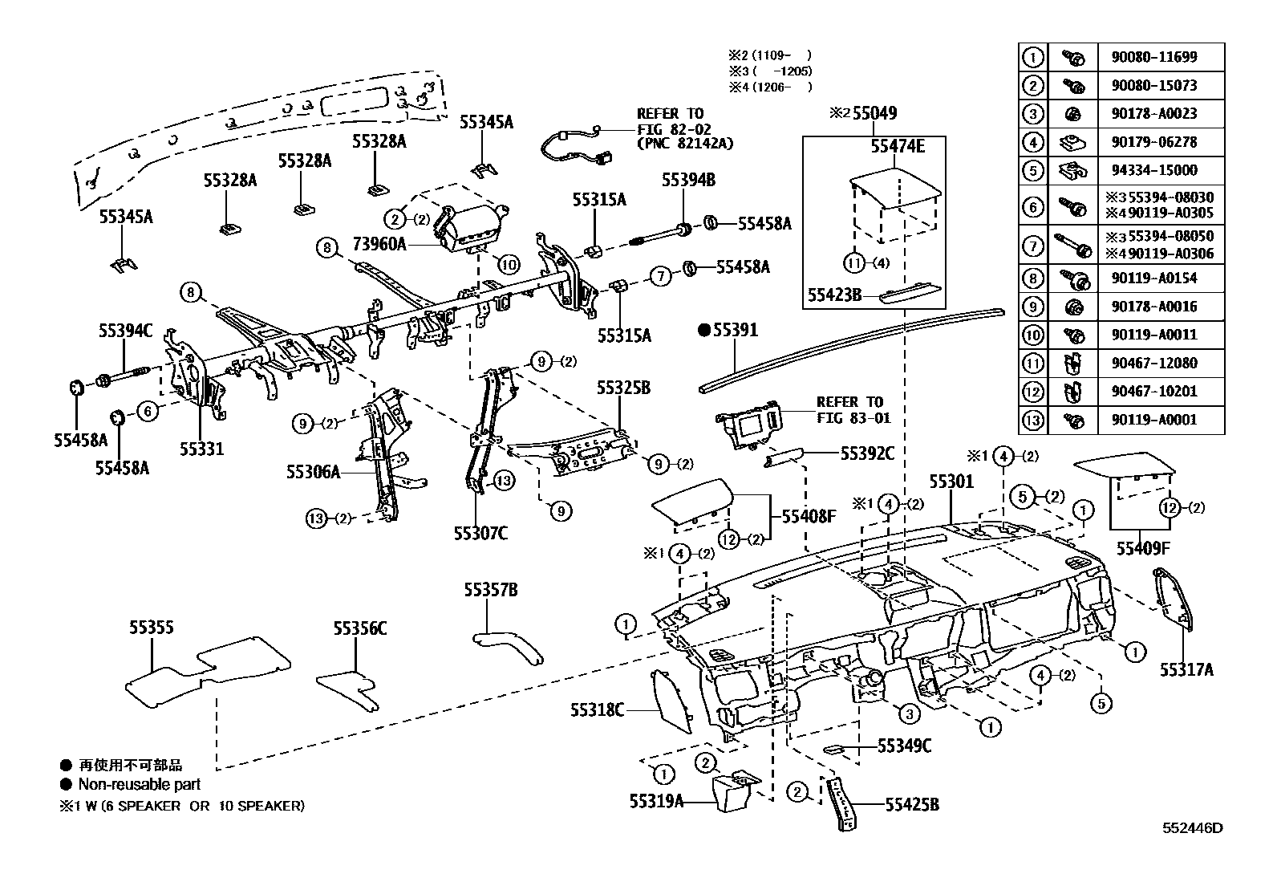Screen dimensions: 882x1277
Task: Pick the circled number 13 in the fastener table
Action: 1033,419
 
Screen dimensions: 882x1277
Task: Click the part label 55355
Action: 152,628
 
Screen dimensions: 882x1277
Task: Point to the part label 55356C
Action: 360,628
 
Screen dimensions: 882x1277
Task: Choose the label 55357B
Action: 490,591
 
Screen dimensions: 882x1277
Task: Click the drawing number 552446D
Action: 1194,827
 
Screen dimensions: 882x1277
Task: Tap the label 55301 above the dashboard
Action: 951,482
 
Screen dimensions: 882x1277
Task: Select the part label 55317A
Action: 1186,669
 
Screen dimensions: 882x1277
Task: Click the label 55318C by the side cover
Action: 597,709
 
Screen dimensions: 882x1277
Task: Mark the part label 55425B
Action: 912,804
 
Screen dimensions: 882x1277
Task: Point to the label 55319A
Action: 656,800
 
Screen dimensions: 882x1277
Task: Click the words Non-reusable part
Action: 139,784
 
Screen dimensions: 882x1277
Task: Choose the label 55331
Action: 201,449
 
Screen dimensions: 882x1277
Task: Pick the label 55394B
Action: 688,180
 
